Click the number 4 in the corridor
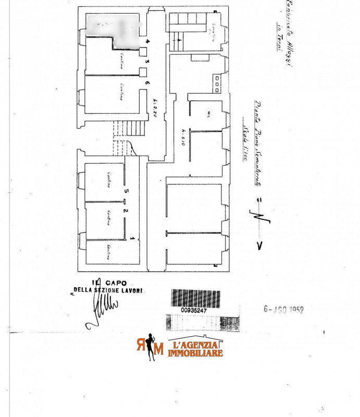click(147, 41)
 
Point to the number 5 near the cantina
click(126, 191)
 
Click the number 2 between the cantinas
click(125, 211)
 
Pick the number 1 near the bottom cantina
click(132, 239)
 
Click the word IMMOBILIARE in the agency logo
click(195, 353)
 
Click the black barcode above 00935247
click(195, 298)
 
